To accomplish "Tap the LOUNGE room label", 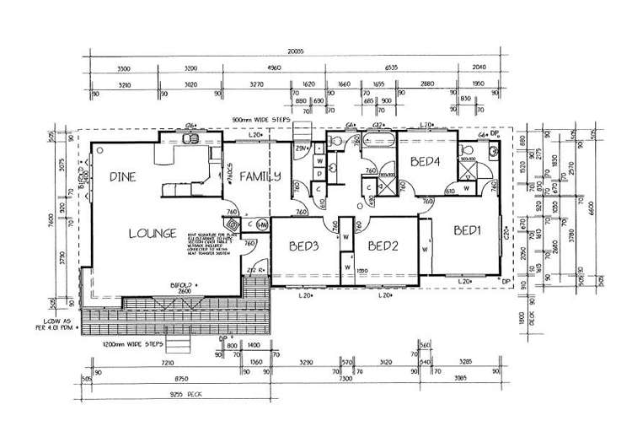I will click(152, 233).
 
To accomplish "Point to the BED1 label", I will click(468, 229).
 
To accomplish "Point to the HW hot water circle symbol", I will click(262, 224).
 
